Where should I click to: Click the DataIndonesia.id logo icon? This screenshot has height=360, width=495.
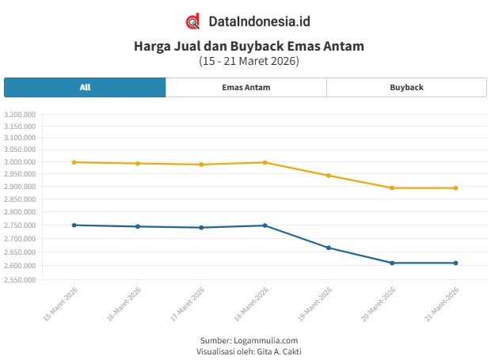tap(192, 21)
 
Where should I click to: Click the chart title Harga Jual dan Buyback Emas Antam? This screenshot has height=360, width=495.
tap(249, 47)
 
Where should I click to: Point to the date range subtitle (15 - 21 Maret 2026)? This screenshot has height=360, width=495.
tap(249, 61)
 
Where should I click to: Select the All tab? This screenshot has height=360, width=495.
tap(85, 87)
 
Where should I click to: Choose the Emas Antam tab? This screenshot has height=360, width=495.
tap(246, 87)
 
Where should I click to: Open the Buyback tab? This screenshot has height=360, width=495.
tap(406, 87)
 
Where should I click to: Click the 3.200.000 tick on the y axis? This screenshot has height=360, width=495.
tap(20, 115)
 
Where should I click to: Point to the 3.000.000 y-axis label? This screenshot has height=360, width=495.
tap(20, 162)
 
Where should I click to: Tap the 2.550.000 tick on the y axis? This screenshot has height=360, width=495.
tap(20, 279)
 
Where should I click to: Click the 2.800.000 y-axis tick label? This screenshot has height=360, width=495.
tap(20, 212)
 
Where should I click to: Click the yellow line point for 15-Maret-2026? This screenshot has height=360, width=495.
tap(74, 162)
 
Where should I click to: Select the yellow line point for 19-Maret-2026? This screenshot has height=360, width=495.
tap(329, 176)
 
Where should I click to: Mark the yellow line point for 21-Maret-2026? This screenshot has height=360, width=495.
tap(455, 188)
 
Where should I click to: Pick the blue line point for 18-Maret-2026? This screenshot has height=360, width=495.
tap(265, 225)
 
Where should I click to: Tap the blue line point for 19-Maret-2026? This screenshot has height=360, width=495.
tap(329, 248)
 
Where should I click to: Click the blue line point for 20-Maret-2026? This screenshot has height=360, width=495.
tap(392, 263)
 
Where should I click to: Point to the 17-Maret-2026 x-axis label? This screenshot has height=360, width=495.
tap(187, 304)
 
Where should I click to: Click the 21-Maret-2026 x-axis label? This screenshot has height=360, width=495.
tap(441, 304)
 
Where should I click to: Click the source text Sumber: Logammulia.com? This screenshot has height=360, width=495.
tap(249, 340)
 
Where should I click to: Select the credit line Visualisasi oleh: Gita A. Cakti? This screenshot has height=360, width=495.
tap(249, 351)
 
